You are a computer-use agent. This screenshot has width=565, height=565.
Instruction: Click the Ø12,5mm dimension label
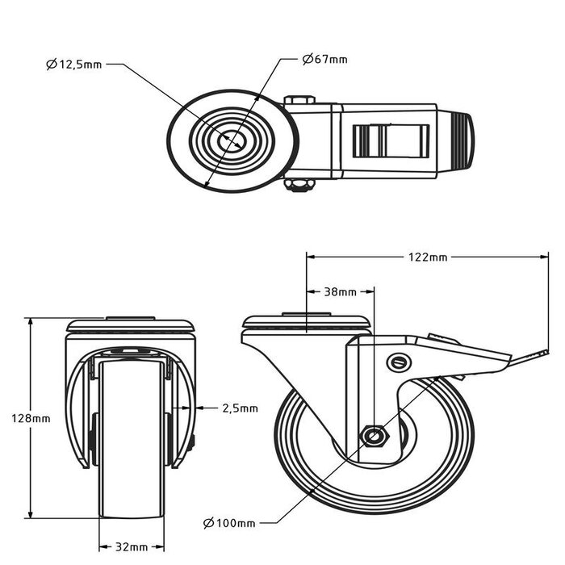point(74,64)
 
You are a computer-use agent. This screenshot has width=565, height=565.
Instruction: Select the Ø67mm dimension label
point(325,59)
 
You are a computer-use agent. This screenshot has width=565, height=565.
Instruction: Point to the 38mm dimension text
point(340,291)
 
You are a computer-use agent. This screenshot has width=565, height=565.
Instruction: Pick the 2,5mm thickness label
point(240,408)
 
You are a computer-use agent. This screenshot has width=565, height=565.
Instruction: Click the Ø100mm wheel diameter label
point(230,524)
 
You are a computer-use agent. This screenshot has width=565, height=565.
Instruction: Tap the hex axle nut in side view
point(373,436)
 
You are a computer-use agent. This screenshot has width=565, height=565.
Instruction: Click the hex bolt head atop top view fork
point(299,100)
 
